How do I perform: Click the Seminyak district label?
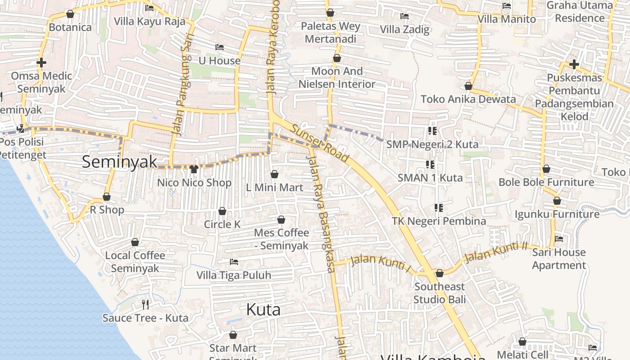coord(120,162)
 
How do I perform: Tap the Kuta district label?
coord(263,310)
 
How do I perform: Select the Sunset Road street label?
coord(319,143)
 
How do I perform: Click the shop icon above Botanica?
coord(70,14)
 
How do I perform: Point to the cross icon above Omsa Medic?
coord(41,63)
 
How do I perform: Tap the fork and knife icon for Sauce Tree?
coord(145,305)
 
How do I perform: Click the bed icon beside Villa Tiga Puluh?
coord(234,261)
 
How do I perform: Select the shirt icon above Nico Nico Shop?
coord(194,169)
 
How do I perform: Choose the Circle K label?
coord(222,224)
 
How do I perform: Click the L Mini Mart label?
coord(274,187)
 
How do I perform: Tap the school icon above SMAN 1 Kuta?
coord(430,165)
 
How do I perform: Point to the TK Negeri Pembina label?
coord(439,221)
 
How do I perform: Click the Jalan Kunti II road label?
coord(495,252)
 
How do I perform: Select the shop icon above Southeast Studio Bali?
coord(440,273)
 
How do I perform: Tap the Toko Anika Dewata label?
coord(468,99)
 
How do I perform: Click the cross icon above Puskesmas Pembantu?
coord(574,64)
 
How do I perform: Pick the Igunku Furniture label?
coord(557,214)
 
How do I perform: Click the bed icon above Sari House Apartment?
coord(559,239)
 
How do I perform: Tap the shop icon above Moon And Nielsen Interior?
coord(337,58)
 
